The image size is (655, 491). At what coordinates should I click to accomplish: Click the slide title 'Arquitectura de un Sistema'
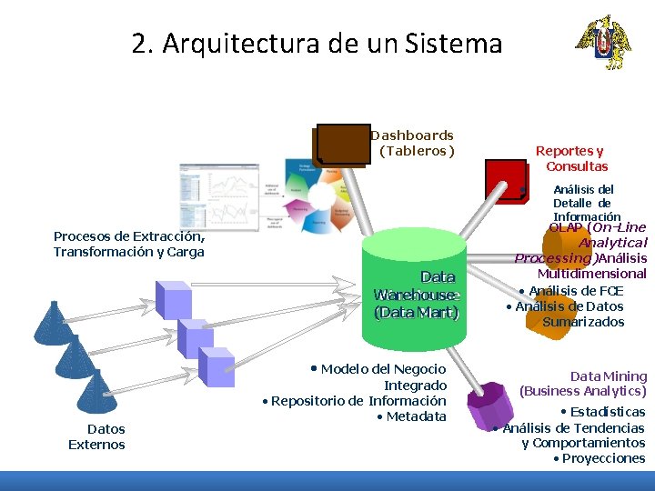317,43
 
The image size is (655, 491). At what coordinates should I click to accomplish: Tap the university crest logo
601,42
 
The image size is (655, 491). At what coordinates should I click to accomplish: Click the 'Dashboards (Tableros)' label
414,143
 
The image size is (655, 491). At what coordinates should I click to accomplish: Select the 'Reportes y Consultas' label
572,158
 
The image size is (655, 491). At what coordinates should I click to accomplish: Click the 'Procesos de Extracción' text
128,236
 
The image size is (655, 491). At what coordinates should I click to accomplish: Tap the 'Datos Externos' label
96,436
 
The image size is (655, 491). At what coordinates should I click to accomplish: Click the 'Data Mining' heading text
609,376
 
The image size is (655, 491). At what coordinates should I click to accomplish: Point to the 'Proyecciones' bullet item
602,458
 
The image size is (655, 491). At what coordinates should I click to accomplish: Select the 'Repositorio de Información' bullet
357,400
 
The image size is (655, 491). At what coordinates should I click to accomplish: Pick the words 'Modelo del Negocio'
382,368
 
